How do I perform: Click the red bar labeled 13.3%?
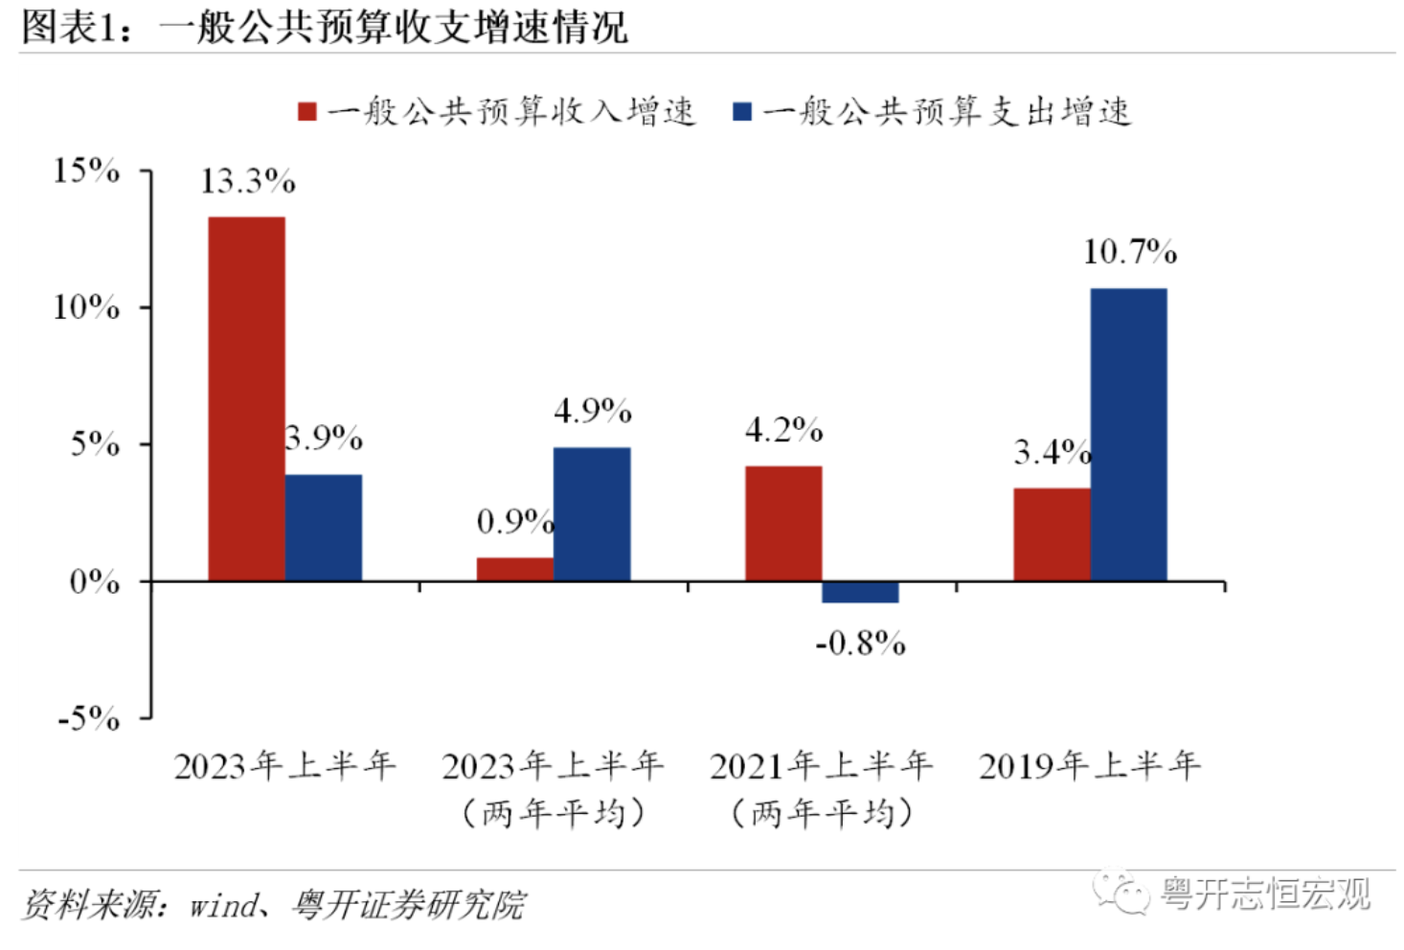click(246, 398)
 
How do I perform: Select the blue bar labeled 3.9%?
click(324, 528)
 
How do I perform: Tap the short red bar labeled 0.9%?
click(515, 569)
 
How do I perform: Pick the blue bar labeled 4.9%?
click(592, 514)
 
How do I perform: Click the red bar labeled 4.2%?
click(783, 523)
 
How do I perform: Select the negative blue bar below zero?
click(861, 592)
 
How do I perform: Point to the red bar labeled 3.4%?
click(1053, 534)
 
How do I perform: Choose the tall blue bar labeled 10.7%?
click(1129, 434)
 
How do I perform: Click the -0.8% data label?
click(861, 644)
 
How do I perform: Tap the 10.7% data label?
click(1130, 252)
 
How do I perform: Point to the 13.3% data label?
click(248, 181)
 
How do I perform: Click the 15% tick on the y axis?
click(86, 170)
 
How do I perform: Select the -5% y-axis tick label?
click(88, 718)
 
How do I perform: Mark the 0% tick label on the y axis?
click(94, 582)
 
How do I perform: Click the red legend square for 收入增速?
click(307, 111)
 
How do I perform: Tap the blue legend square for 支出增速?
click(742, 111)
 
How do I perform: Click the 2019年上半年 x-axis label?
click(1089, 766)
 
